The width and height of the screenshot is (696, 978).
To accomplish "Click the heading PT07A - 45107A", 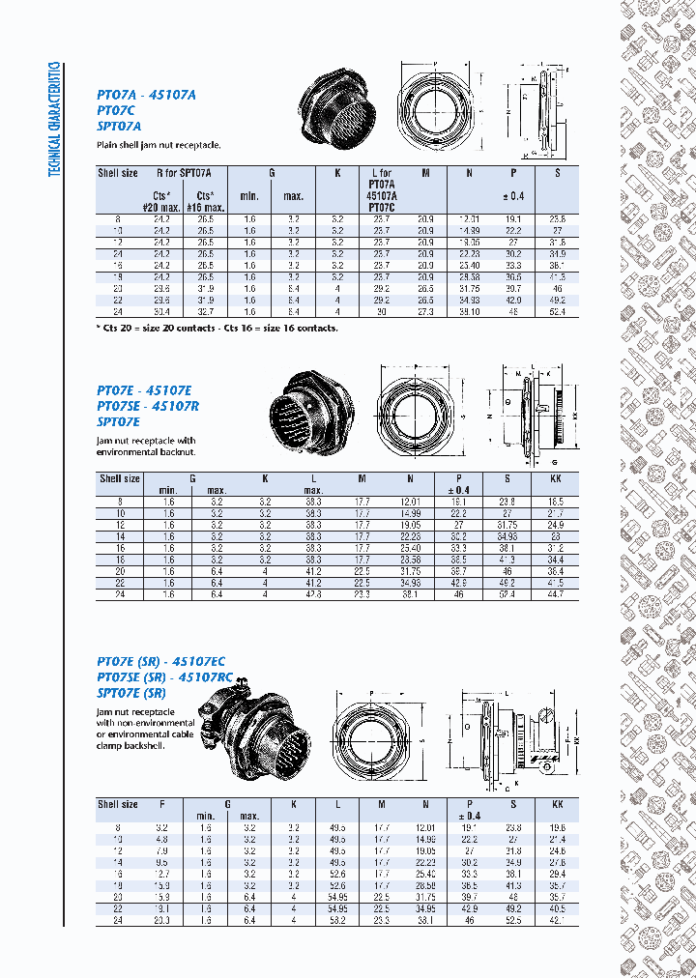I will pos(146,95).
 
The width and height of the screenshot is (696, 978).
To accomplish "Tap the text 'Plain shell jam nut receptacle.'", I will pos(159,145).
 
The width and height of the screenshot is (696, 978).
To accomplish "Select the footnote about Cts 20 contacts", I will pos(217,328).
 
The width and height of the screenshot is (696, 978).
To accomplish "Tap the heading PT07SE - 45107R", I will pos(148,406).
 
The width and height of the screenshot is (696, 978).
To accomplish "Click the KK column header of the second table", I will pos(556,478).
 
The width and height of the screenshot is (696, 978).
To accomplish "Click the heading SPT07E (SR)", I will pos(131,693).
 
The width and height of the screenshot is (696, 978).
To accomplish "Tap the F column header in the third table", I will pos(162,804).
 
